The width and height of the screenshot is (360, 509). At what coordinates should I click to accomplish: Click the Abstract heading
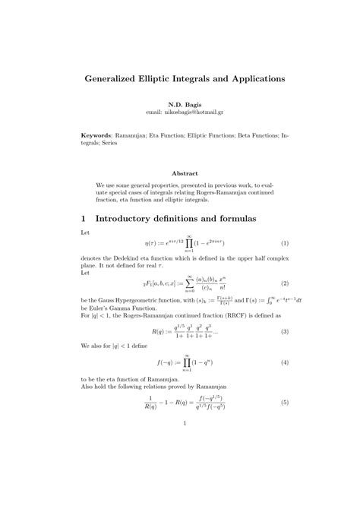179,173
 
